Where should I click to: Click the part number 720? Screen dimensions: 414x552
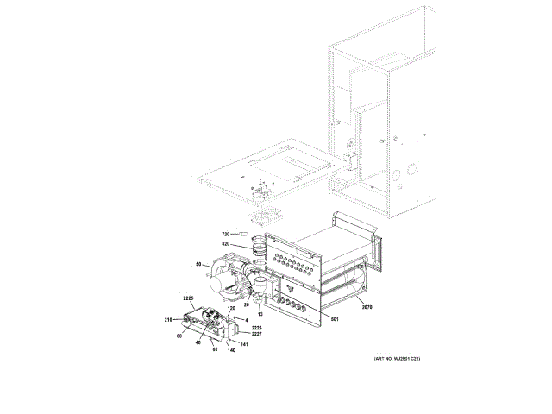[225, 234]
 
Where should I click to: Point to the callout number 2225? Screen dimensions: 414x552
[191, 299]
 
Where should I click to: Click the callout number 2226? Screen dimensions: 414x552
[256, 328]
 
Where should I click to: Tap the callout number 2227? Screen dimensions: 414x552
[256, 335]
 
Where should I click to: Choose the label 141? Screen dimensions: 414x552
[244, 344]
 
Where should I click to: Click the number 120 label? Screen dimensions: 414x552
[231, 308]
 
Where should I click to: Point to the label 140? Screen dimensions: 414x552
[231, 351]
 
